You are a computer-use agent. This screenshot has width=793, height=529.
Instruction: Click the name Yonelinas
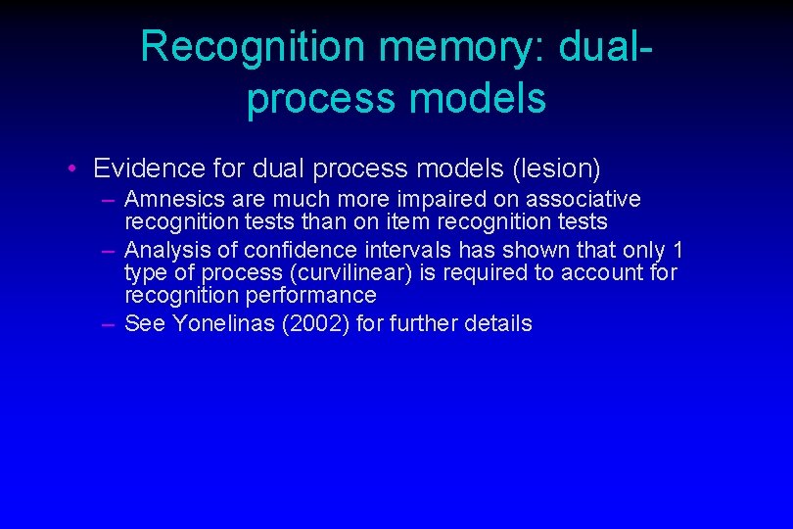tap(223, 323)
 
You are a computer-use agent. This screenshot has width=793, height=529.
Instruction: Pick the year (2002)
tap(315, 323)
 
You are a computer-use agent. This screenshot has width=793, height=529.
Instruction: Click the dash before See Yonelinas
tap(109, 323)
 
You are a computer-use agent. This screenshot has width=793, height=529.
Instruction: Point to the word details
tap(498, 323)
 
